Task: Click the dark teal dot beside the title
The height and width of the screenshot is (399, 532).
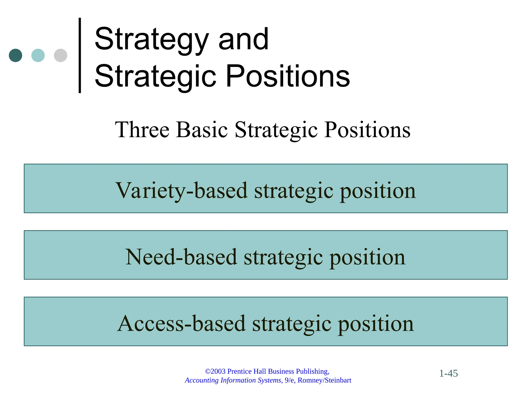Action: coord(15,55)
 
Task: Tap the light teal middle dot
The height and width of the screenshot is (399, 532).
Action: coord(38,55)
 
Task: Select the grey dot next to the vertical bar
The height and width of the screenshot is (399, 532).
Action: coord(61,55)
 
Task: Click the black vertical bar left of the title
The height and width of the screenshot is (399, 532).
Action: coord(80,55)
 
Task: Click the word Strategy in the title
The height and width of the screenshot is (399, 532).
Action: coord(152,40)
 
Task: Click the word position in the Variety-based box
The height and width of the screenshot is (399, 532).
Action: coord(378,191)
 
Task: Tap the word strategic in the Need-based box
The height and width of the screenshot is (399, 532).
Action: coord(283,257)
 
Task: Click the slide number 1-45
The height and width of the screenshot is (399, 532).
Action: coord(448,374)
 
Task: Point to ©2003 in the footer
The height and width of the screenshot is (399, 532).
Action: coord(215,371)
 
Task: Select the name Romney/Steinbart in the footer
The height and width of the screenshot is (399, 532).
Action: coord(324,380)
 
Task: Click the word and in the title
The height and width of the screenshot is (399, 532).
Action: coord(243,40)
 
